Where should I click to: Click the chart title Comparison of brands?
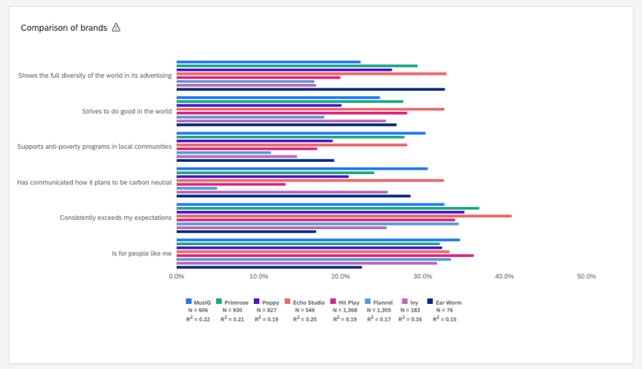click(63, 28)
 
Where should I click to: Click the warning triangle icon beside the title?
click(116, 28)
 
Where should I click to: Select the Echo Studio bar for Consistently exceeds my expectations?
click(344, 216)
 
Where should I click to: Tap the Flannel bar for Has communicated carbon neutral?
click(196, 188)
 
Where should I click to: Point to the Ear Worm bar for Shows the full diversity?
click(310, 89)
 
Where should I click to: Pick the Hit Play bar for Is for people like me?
click(325, 256)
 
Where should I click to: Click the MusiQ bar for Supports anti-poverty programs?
click(301, 133)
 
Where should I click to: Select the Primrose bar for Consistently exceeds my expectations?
click(328, 208)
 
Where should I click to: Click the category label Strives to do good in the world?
click(127, 111)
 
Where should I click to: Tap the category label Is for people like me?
click(141, 253)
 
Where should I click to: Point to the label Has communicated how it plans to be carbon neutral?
click(94, 182)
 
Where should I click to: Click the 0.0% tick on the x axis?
click(176, 277)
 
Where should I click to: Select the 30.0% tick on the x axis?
click(422, 277)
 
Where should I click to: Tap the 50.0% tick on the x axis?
click(586, 277)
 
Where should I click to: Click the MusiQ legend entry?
click(197, 302)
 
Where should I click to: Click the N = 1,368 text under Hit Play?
click(344, 310)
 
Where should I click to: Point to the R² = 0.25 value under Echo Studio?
click(301, 319)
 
